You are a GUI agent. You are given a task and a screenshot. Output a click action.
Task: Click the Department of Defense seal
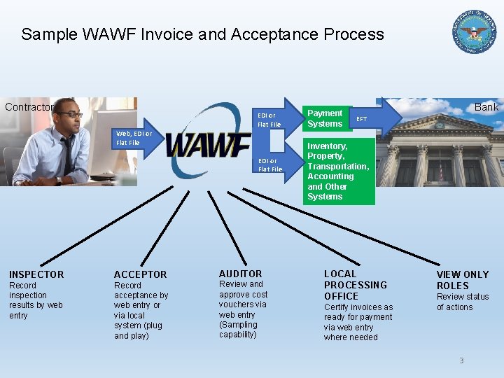(475, 32)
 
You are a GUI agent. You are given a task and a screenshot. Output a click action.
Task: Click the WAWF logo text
(208, 146)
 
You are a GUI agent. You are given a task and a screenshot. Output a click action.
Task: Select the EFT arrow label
(362, 119)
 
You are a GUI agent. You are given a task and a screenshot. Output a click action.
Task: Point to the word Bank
(486, 107)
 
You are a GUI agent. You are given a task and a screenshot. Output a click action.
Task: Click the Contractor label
(29, 107)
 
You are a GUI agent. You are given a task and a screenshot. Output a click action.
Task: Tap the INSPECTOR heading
(36, 274)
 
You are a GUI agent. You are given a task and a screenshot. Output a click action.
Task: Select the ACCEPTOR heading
(141, 274)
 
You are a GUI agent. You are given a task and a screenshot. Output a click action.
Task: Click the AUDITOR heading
(241, 274)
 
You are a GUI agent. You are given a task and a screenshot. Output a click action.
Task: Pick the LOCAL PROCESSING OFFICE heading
(355, 285)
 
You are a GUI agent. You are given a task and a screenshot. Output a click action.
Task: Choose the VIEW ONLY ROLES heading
(463, 280)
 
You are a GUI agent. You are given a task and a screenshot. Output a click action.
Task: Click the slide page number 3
(461, 360)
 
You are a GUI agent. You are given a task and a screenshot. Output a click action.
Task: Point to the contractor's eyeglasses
(69, 114)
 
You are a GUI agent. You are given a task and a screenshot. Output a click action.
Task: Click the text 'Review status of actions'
(463, 302)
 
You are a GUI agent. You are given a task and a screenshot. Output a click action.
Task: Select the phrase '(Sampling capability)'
(239, 330)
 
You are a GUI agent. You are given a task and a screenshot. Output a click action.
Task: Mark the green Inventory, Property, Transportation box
(338, 171)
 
